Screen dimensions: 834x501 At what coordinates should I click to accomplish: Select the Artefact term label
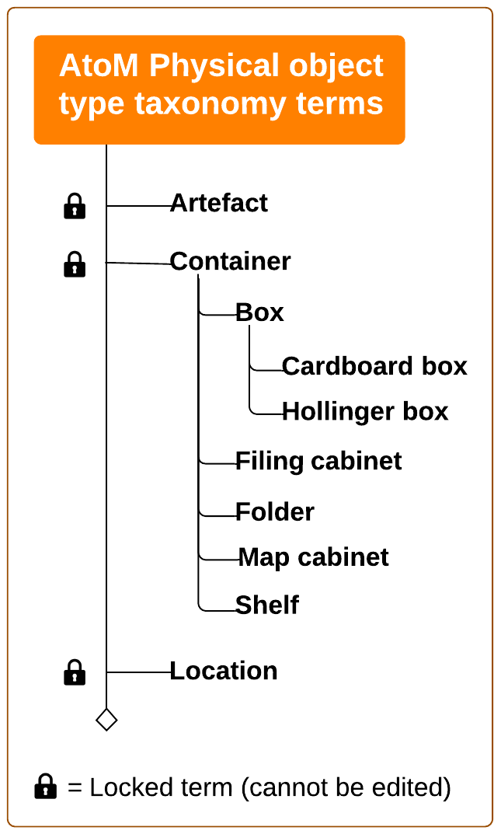(218, 203)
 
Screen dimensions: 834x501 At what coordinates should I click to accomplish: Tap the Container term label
(230, 262)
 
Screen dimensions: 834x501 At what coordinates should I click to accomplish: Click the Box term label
(259, 312)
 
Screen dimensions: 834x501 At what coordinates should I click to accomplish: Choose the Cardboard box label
(374, 366)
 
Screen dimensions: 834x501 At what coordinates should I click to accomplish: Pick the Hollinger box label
(365, 411)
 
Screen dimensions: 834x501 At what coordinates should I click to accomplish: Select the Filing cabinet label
(318, 461)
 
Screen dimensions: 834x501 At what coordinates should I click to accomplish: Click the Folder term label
(275, 512)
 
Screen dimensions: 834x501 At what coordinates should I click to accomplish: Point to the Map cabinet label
(313, 557)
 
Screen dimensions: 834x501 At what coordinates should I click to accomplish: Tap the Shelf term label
(267, 605)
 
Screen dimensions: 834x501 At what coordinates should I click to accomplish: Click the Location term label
(224, 671)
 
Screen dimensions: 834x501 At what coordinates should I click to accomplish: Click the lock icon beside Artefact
(74, 206)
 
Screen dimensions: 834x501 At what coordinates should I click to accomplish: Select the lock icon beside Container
(74, 264)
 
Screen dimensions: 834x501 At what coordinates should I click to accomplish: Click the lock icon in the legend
(46, 787)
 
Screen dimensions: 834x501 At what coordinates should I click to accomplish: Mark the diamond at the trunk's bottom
(106, 720)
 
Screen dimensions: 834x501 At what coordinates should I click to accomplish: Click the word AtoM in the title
(99, 66)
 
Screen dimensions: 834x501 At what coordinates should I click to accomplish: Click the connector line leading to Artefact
(138, 206)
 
